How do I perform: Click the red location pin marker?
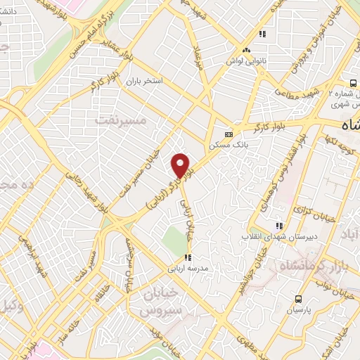click(x=181, y=165)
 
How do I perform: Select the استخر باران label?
click(x=143, y=82)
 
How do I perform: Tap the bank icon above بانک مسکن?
click(x=229, y=134)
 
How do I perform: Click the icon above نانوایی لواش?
click(x=246, y=50)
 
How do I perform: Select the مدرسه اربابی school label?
click(x=186, y=269)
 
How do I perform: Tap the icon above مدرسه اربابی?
click(x=186, y=258)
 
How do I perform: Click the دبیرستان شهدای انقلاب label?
click(x=280, y=237)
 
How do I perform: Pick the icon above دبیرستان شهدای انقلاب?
click(x=279, y=226)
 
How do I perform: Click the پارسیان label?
click(x=300, y=308)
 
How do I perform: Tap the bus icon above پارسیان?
click(x=300, y=298)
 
